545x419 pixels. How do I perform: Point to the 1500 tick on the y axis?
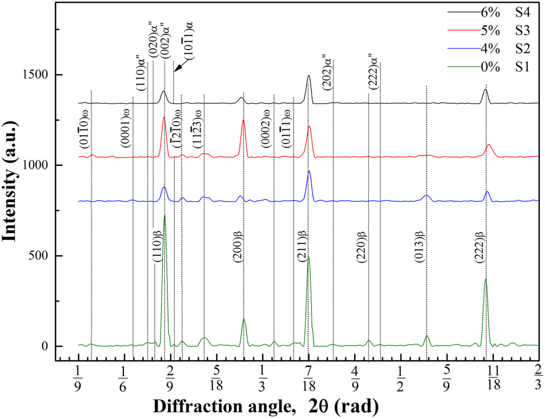pos(54,75)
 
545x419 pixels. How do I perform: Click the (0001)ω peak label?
pos(126,132)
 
